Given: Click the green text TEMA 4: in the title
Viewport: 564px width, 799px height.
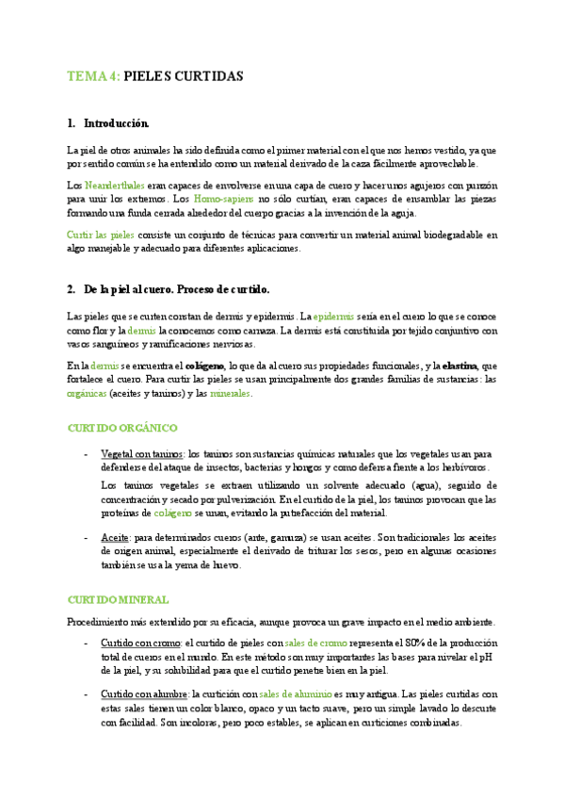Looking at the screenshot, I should pos(93,76).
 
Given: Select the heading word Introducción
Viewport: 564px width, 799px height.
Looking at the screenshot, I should pos(117,123).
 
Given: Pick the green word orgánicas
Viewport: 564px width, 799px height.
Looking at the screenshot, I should pos(88,394).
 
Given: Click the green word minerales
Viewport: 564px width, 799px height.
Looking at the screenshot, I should pos(230,394).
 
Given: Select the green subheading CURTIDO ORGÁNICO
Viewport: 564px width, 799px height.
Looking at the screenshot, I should pos(119,427).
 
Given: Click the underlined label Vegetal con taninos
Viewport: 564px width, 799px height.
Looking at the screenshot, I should pos(141,452).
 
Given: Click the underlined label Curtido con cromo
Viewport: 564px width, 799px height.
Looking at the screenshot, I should pos(141,642).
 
